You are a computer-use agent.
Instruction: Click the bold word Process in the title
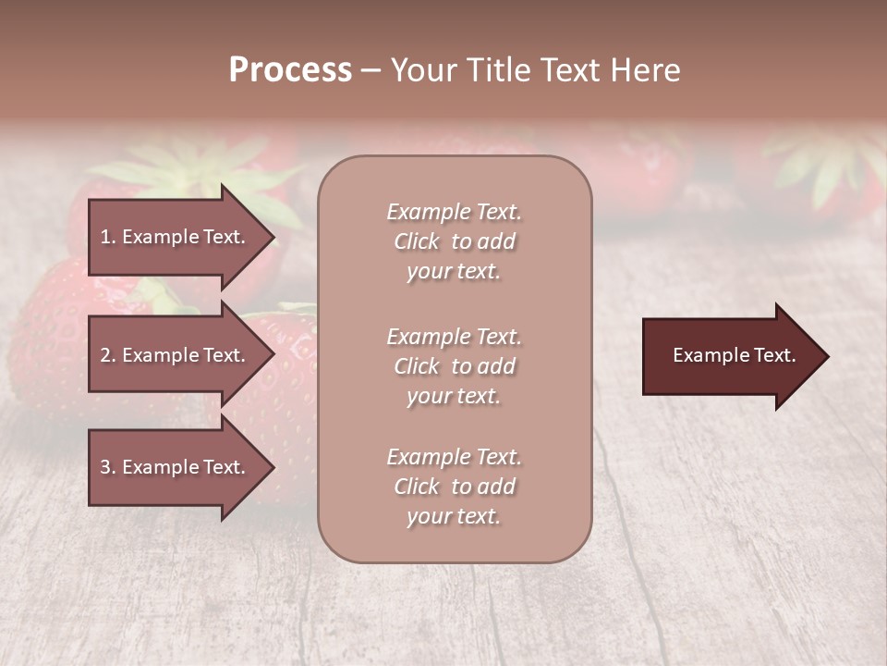pyautogui.click(x=290, y=70)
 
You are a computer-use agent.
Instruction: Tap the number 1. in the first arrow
pyautogui.click(x=108, y=237)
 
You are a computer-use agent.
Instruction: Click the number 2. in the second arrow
pyautogui.click(x=108, y=355)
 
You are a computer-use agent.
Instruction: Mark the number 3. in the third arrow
pyautogui.click(x=108, y=467)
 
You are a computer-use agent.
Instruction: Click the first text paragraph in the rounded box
pyautogui.click(x=454, y=241)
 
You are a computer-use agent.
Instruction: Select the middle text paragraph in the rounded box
pyautogui.click(x=454, y=365)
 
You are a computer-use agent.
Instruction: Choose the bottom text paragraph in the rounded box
pyautogui.click(x=454, y=487)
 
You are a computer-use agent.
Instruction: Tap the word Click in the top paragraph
pyautogui.click(x=417, y=241)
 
